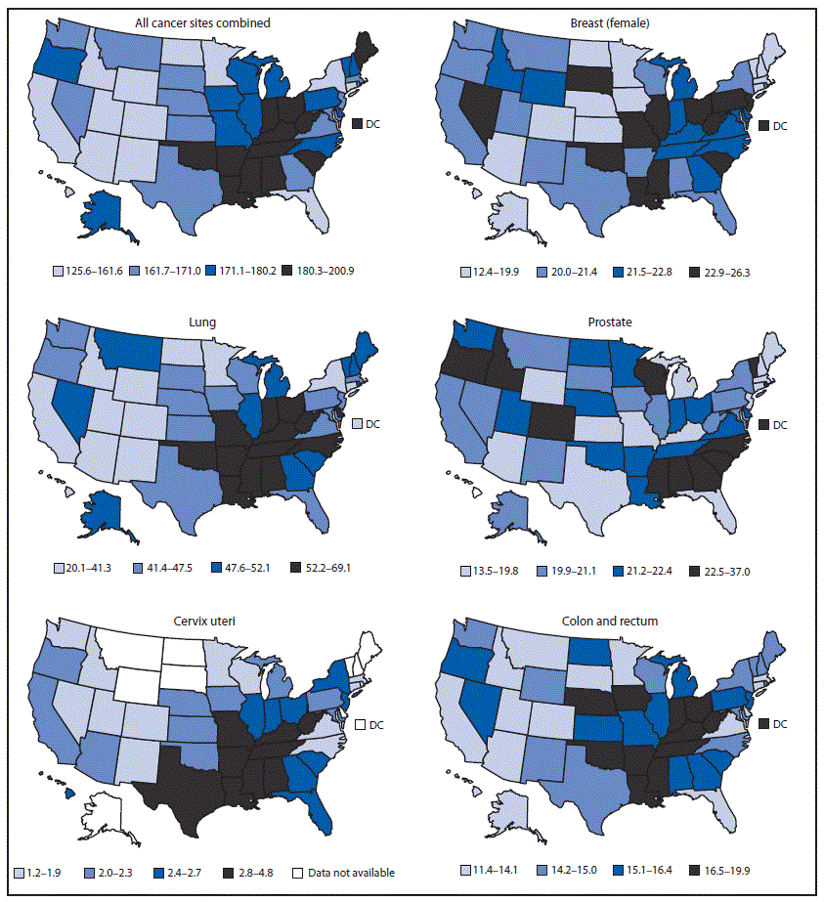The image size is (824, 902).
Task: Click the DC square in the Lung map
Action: (x=360, y=423)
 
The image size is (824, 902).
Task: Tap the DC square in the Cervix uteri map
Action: (x=360, y=725)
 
